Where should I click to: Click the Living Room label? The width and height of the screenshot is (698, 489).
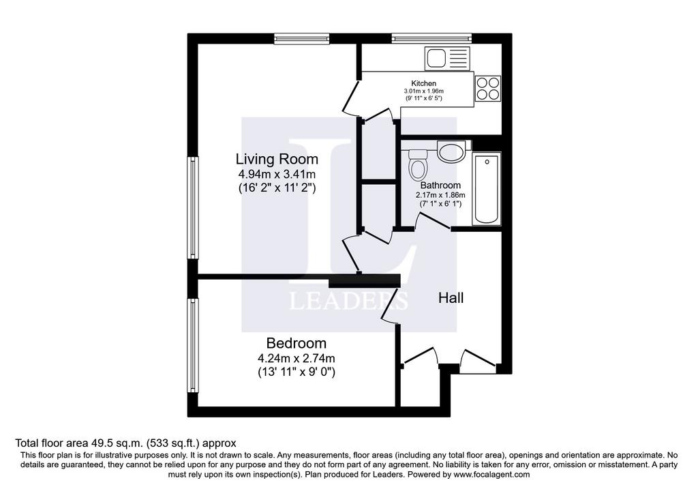tap(277, 159)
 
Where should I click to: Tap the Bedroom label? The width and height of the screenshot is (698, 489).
tap(296, 343)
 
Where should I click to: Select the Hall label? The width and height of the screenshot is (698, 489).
tap(451, 298)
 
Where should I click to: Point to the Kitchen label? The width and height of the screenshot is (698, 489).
tap(423, 83)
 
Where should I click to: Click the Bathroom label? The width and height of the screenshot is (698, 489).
tap(441, 186)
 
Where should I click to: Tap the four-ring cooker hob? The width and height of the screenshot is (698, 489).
tap(488, 88)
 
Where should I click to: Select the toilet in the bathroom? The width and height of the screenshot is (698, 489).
tap(418, 163)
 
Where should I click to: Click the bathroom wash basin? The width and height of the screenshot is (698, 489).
tap(451, 151)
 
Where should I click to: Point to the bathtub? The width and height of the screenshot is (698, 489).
tap(487, 189)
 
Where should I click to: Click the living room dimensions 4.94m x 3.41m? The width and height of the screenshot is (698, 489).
tap(277, 174)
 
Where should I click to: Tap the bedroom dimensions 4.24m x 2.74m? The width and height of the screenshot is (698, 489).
tap(296, 358)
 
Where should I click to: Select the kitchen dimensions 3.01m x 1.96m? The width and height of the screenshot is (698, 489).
tap(423, 91)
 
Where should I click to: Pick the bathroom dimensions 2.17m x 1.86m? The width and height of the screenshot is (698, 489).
tap(441, 195)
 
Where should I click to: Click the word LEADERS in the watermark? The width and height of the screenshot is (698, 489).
tap(348, 300)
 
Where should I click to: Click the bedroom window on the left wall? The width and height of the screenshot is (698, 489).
tap(192, 346)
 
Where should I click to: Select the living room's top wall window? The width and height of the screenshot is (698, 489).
tap(302, 39)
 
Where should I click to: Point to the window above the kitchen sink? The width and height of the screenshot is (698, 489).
tap(431, 39)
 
